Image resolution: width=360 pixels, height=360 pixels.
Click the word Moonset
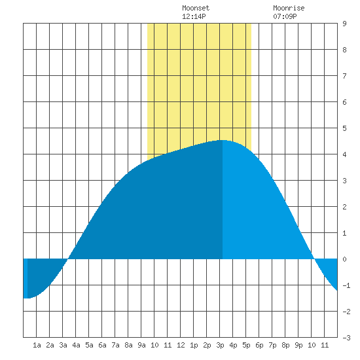coord(196,8)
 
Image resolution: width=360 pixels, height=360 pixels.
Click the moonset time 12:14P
coord(194,16)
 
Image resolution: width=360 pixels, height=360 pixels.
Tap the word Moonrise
coord(289,8)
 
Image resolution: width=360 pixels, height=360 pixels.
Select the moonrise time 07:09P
coord(285,16)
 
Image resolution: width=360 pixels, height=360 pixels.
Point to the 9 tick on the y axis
coord(344,24)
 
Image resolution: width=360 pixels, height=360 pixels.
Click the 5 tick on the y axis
coord(344,128)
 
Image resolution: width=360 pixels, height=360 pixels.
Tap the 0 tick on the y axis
coord(344,259)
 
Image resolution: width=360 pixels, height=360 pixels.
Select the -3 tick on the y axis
coord(346,338)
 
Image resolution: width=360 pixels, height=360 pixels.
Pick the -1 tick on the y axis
coord(346,285)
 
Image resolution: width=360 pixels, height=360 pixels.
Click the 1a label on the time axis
coord(37,345)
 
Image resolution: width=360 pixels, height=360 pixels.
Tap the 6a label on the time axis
coord(102,345)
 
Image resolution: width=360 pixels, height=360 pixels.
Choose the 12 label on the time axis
coord(181,345)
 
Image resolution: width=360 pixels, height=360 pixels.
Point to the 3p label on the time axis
coord(220,345)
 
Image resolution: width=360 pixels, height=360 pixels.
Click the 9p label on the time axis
coord(298,345)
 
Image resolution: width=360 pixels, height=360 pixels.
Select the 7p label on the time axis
coord(272,345)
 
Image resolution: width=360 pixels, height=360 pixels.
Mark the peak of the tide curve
coord(223,140)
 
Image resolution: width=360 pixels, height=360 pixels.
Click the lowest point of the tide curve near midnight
coord(27,298)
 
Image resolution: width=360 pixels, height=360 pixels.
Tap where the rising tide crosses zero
coord(68,259)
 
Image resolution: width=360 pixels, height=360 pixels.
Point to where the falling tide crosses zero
coord(314,259)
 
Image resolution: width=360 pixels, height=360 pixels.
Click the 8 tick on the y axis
coord(344,50)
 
